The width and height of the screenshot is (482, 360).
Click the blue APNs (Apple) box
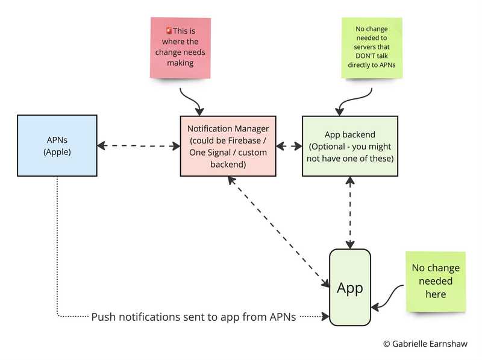[57, 145]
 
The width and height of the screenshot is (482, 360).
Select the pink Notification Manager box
[228, 146]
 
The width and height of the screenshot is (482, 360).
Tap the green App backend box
[350, 146]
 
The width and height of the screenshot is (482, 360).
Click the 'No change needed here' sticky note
[435, 280]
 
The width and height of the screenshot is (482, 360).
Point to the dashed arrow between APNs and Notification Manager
[139, 145]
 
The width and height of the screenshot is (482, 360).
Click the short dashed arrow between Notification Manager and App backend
[289, 145]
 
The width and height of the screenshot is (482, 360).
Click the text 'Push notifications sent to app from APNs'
[193, 317]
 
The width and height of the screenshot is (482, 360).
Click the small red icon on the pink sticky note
[169, 30]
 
